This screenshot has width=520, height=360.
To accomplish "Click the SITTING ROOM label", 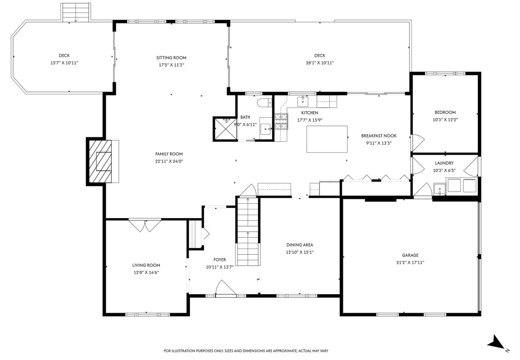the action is (171, 58).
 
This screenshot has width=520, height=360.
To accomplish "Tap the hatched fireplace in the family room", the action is (99, 161).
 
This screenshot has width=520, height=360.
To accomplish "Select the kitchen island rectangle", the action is (327, 139).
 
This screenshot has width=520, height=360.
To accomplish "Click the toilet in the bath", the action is (264, 102).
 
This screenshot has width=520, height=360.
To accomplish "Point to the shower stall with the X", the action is (225, 129).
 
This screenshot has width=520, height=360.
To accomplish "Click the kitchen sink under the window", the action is (303, 102).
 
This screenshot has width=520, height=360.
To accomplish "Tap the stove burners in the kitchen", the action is (281, 121).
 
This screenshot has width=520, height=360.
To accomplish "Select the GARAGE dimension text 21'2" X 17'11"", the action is (410, 262).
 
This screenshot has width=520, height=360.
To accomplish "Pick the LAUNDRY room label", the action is (444, 163).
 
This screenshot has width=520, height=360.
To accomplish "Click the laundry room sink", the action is (440, 189).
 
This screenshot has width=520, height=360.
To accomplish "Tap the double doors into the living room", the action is (145, 225).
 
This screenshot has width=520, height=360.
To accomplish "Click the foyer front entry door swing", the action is (225, 288).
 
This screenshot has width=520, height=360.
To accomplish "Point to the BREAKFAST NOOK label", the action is (379, 136).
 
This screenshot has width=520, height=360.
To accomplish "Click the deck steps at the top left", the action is (76, 12).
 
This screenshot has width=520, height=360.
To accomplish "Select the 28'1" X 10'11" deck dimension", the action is (320, 63).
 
